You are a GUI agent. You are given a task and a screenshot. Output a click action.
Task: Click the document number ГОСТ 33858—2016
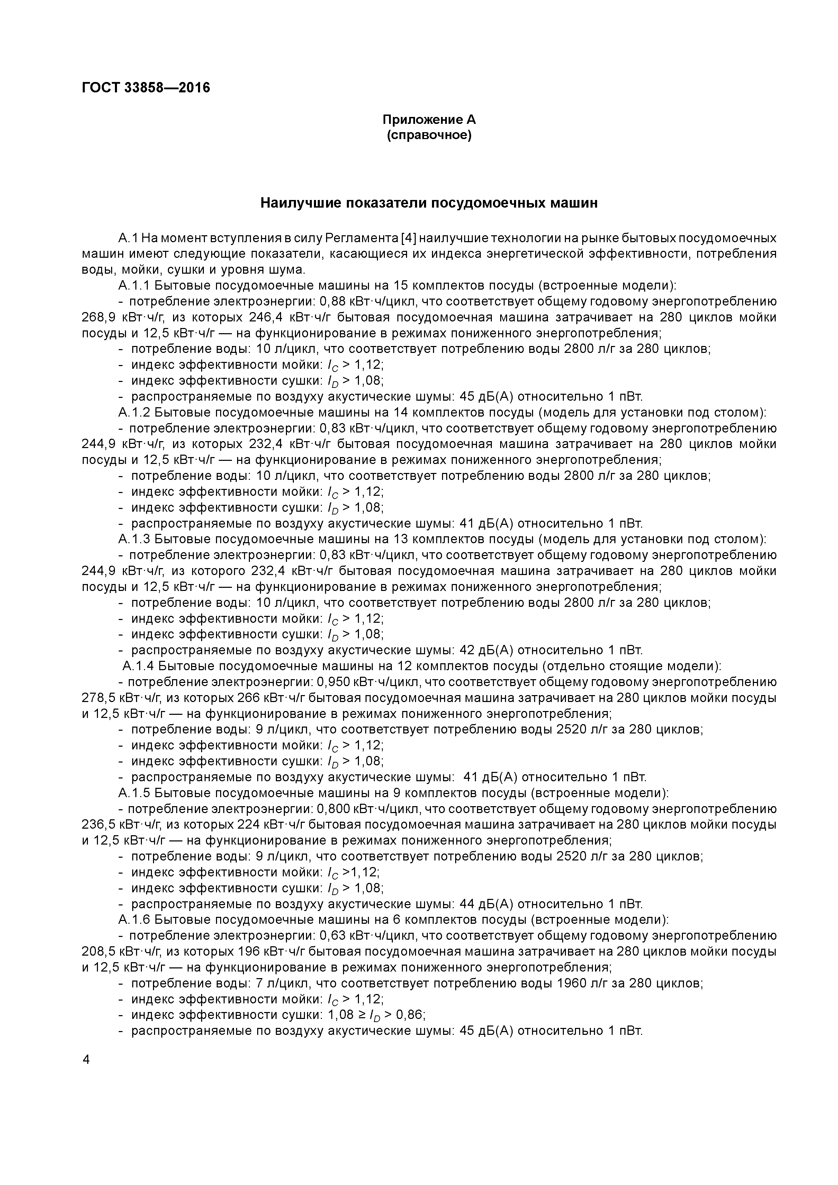click(x=146, y=88)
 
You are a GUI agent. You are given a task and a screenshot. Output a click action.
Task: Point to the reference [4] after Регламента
click(x=408, y=238)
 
